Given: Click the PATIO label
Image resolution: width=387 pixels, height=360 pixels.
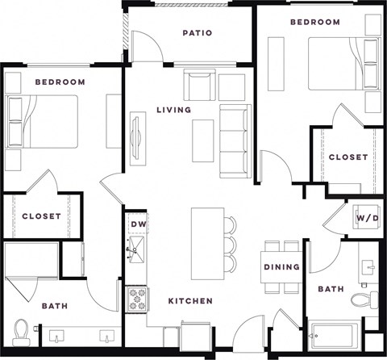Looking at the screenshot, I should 198,33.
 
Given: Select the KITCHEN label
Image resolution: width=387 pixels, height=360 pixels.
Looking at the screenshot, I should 190,301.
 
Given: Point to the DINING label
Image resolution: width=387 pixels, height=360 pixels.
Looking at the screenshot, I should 281,267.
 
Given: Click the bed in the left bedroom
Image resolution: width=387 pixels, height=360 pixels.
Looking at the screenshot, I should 44,121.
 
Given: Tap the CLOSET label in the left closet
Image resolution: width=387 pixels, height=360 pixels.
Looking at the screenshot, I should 40,216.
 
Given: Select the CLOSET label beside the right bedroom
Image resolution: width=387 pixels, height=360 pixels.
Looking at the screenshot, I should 348,157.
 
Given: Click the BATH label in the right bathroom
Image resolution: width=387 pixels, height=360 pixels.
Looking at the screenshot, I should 331,288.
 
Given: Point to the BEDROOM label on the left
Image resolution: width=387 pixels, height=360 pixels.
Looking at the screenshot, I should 60,82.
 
